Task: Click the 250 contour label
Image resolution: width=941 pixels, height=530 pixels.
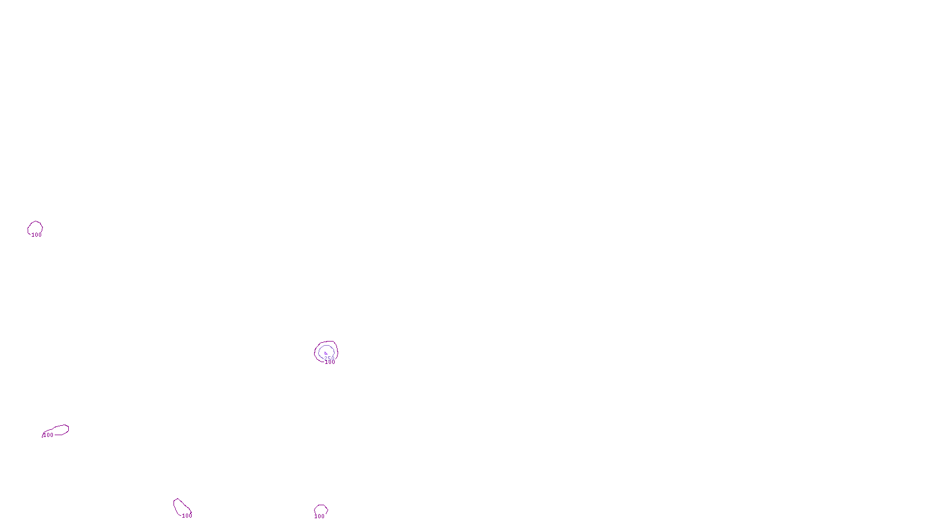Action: tap(329, 358)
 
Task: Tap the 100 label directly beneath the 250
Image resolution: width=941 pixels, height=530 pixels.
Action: tap(330, 362)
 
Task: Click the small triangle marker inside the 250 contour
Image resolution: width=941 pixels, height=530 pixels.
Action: tap(325, 353)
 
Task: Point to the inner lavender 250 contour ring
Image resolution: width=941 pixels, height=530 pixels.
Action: tap(319, 352)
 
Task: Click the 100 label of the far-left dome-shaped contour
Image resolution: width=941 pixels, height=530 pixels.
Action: tap(36, 235)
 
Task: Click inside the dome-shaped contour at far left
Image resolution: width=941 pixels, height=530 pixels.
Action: tap(35, 227)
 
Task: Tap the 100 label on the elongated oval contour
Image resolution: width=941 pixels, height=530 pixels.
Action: tap(48, 435)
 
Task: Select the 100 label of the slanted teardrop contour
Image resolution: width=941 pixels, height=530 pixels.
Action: tap(187, 516)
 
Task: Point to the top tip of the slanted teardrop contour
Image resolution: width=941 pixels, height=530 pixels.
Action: tap(175, 499)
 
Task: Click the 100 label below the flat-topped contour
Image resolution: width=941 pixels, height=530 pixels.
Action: tap(319, 516)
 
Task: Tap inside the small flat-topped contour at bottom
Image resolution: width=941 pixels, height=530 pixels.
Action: tap(321, 509)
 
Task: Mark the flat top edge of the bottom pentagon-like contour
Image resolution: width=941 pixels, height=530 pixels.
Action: tap(321, 505)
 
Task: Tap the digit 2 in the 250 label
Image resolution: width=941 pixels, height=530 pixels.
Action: tap(326, 358)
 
